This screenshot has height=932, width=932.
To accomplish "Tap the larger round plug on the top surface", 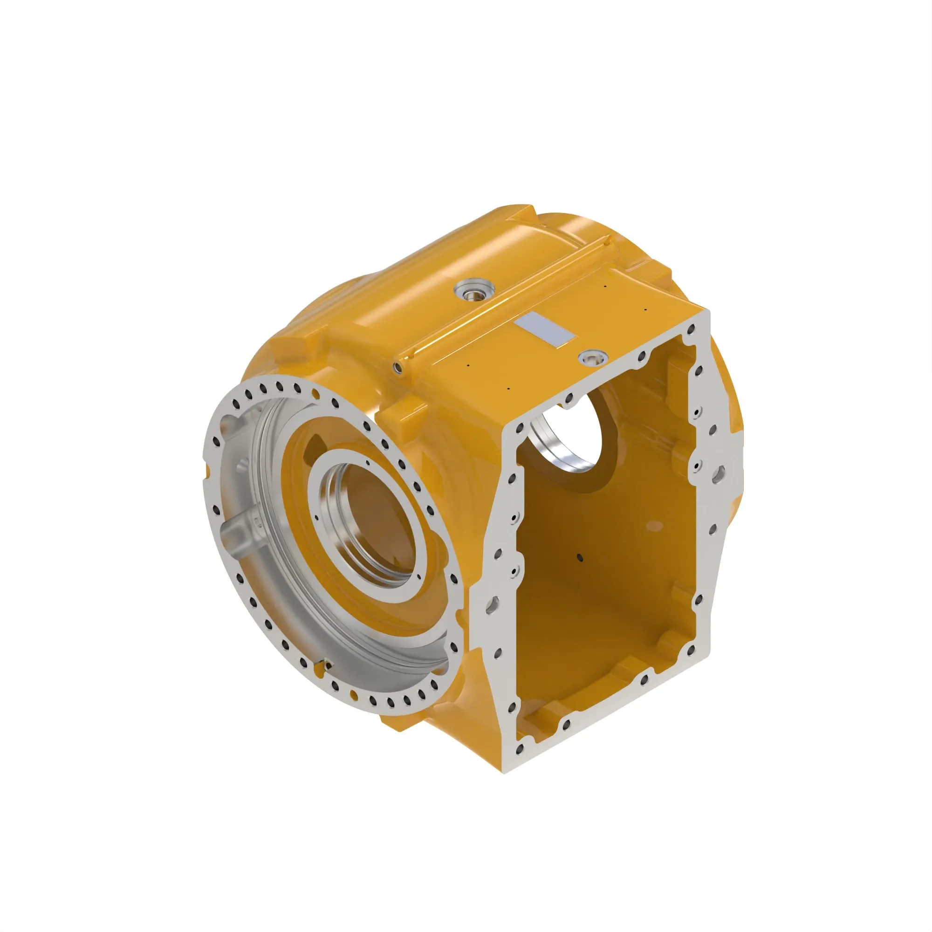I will pyautogui.click(x=474, y=290).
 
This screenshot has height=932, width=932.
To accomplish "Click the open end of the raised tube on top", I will pyautogui.click(x=397, y=366).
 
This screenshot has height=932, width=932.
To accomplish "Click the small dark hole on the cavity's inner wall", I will pyautogui.click(x=581, y=559).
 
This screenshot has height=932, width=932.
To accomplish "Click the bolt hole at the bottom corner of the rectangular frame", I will pyautogui.click(x=519, y=749).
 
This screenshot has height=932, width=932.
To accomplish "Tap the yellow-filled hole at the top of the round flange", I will pyautogui.click(x=316, y=394).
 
